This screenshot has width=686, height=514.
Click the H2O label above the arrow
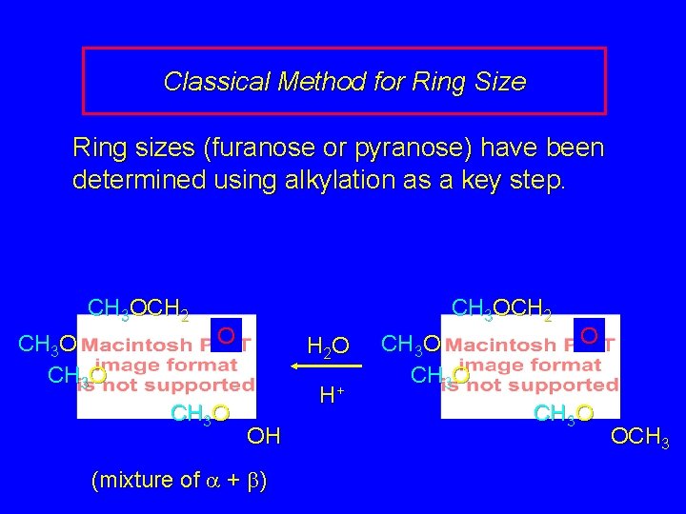328,346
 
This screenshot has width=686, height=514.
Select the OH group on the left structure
263,437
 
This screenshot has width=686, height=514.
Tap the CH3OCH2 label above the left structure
137,308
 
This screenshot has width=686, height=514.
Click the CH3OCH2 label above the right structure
501,308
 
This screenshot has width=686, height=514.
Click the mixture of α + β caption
178,481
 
